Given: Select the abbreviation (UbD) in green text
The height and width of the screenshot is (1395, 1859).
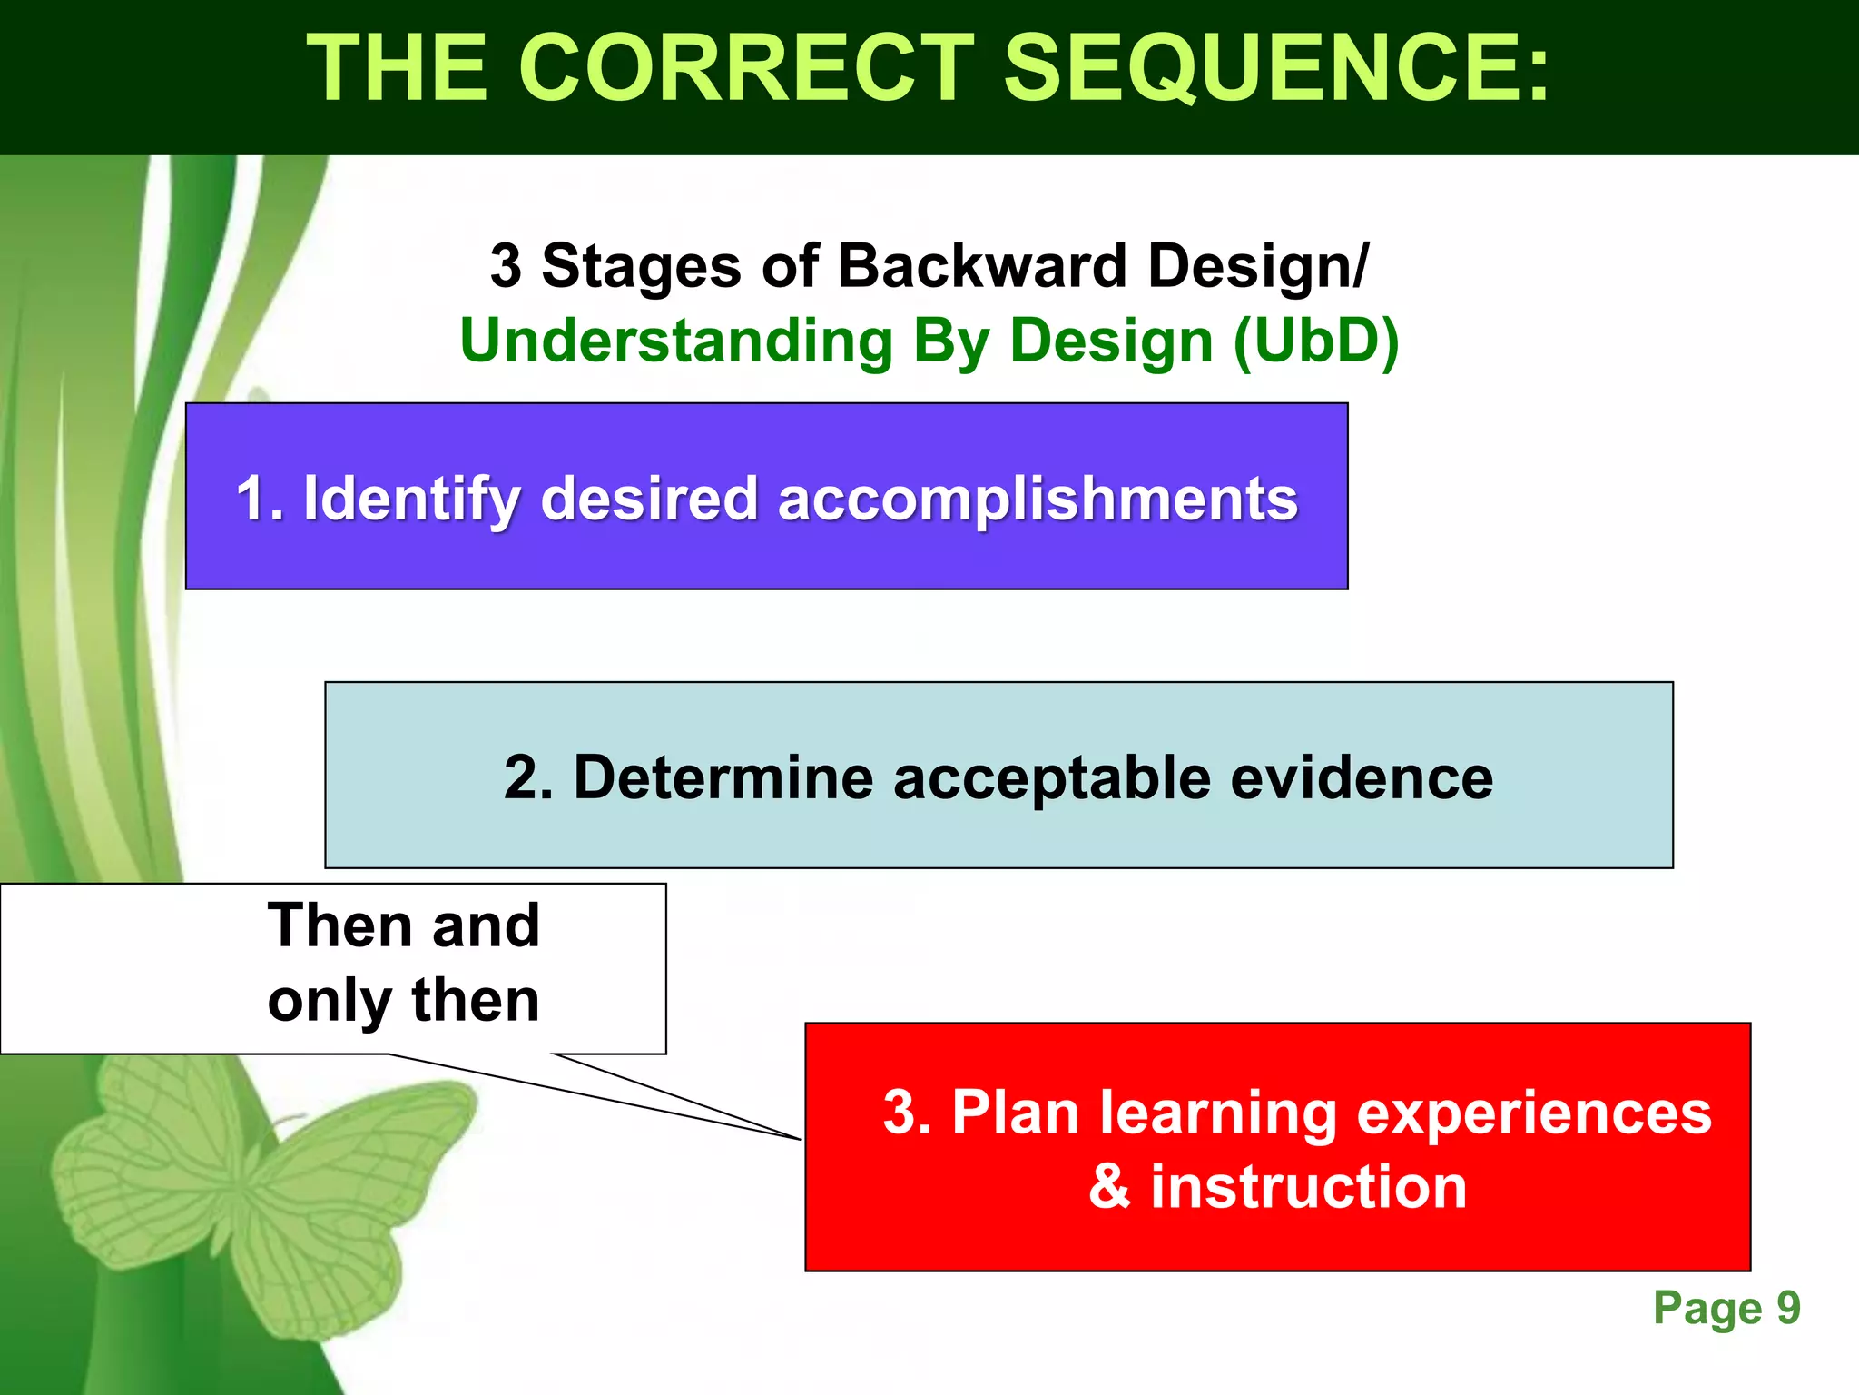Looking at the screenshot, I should click(1316, 341).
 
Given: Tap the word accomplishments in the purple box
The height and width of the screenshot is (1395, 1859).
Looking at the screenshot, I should click(1038, 500).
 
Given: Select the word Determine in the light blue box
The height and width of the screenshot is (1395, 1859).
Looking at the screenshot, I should click(723, 777).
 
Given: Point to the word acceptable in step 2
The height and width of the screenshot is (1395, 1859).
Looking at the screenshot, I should click(1052, 779).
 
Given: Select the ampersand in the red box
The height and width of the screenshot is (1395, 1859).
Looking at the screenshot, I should click(1109, 1186).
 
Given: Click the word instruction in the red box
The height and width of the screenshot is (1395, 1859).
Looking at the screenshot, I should click(1308, 1186).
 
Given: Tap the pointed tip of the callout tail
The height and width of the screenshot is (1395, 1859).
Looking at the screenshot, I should click(799, 1138).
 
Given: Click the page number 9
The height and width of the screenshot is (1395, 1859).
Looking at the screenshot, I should click(1788, 1308).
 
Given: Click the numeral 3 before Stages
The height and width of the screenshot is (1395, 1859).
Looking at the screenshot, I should click(506, 266).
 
